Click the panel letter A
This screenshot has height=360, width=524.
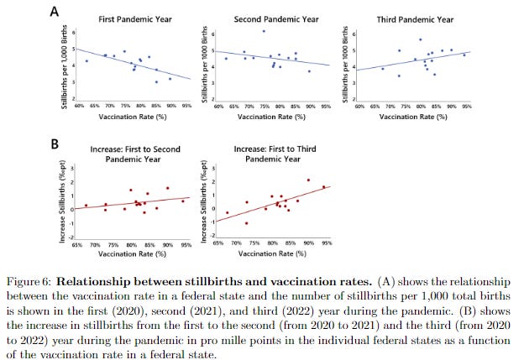tap(55, 13)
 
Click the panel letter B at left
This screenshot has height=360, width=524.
tap(55, 143)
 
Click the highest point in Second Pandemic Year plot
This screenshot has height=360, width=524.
tap(263, 31)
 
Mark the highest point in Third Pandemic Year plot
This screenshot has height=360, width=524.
tap(420, 39)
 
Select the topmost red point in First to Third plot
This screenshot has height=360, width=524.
tap(308, 180)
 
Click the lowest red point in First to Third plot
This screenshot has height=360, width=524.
tap(246, 223)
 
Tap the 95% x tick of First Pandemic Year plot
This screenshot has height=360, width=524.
tap(186, 107)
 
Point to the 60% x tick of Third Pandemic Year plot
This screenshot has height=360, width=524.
tap(359, 107)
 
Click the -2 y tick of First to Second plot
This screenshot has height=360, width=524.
tap(73, 237)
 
